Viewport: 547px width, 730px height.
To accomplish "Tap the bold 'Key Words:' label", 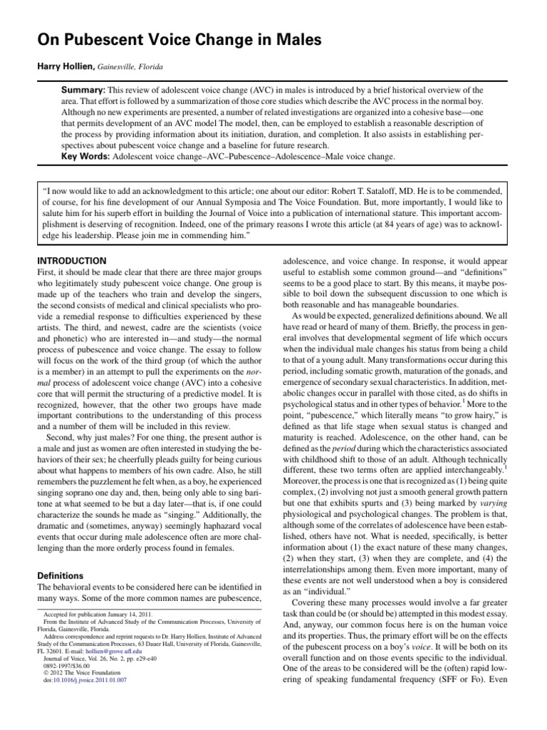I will pyautogui.click(x=87, y=155).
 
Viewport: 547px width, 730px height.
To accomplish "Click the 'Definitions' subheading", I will pyautogui.click(x=58, y=575).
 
